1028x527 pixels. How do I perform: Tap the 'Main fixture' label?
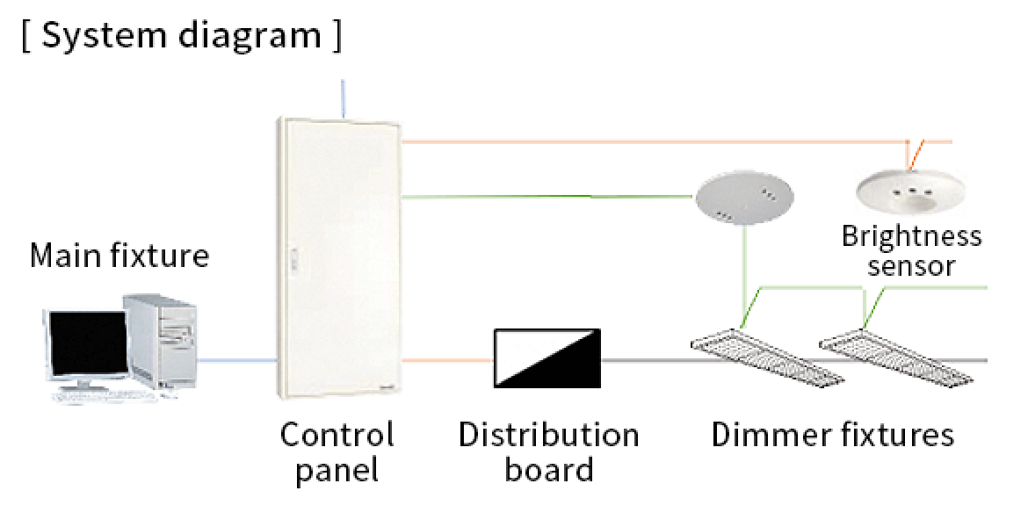[119, 256]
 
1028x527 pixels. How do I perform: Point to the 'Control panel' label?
[337, 451]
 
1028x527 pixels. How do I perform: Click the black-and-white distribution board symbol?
[547, 357]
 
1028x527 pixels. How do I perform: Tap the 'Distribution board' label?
[548, 451]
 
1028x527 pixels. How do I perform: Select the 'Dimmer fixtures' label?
[832, 435]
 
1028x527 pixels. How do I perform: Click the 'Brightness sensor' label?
[911, 250]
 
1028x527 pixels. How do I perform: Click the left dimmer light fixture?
[764, 357]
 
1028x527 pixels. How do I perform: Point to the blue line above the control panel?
[342, 97]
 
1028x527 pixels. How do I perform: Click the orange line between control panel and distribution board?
[446, 360]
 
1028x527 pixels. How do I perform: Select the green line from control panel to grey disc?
[545, 197]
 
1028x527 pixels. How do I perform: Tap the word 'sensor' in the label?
[911, 265]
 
